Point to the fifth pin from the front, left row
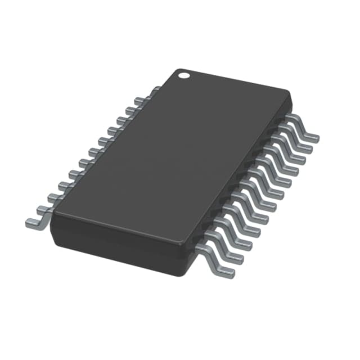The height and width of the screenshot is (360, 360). tap(72, 173)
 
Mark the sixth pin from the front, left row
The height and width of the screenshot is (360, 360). tap(82, 162)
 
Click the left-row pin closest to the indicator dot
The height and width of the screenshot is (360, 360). tap(153, 90)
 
